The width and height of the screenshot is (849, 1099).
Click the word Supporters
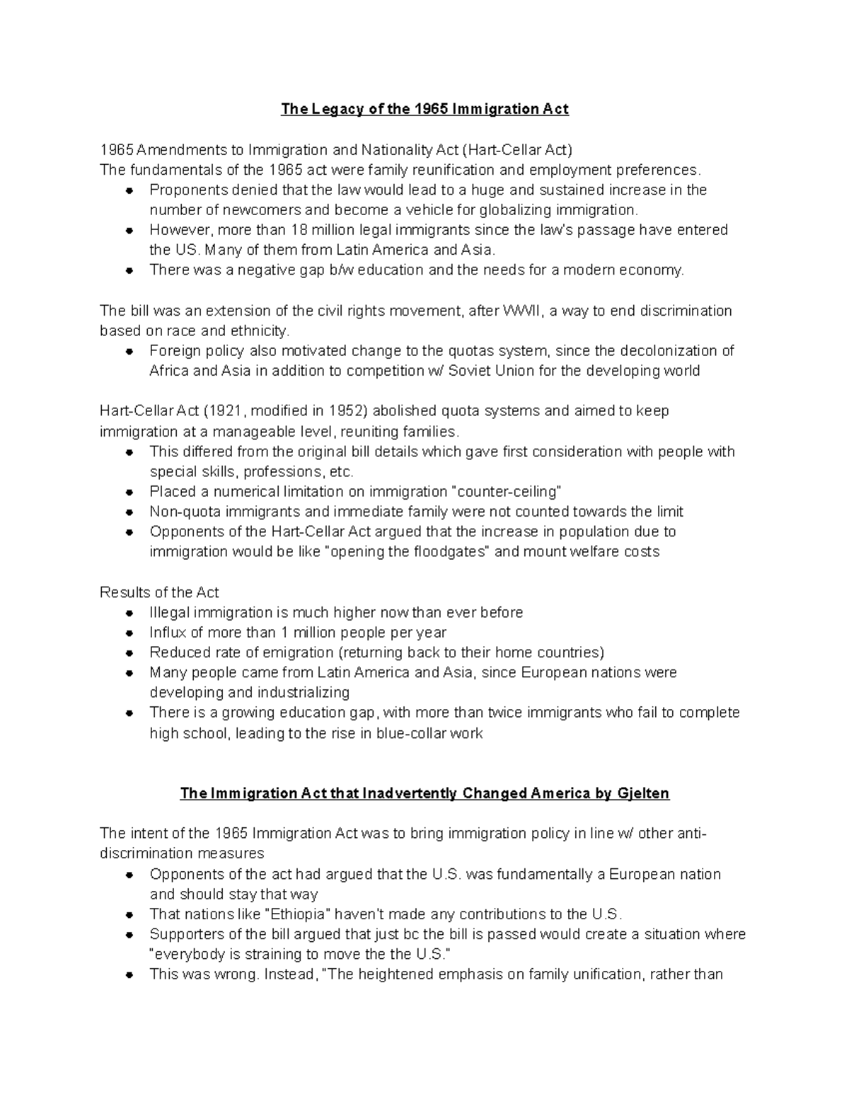click(185, 934)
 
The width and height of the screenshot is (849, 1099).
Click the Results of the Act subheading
click(159, 592)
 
